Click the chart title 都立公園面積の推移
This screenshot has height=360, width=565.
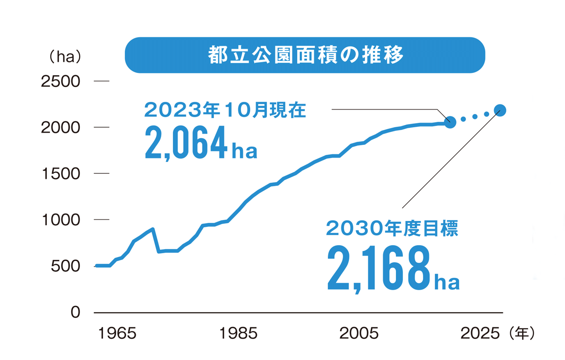(x=305, y=55)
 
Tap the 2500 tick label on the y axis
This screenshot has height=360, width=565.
(x=60, y=81)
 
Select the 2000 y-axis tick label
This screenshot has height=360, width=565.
(x=60, y=128)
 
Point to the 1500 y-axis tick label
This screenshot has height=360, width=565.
(x=61, y=174)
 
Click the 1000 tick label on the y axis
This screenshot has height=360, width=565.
(x=61, y=220)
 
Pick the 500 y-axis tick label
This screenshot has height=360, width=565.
(x=65, y=266)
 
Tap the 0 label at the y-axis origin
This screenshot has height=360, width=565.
(x=75, y=312)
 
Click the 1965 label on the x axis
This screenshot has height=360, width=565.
(x=117, y=333)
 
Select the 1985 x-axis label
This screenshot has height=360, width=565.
(x=238, y=333)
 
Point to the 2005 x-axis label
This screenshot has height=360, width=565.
(x=359, y=333)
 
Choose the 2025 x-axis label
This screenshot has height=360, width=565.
(x=480, y=333)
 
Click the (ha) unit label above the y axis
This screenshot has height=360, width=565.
(x=65, y=57)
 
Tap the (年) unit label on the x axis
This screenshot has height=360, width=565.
(x=521, y=333)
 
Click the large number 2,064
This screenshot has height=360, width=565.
(x=186, y=143)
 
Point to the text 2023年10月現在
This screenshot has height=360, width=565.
(x=225, y=110)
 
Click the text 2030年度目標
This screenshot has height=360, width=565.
(x=392, y=228)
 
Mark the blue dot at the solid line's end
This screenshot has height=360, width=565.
(x=450, y=122)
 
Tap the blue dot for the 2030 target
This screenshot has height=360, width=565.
(x=500, y=110)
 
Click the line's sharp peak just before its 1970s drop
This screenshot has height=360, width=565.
(x=153, y=229)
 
